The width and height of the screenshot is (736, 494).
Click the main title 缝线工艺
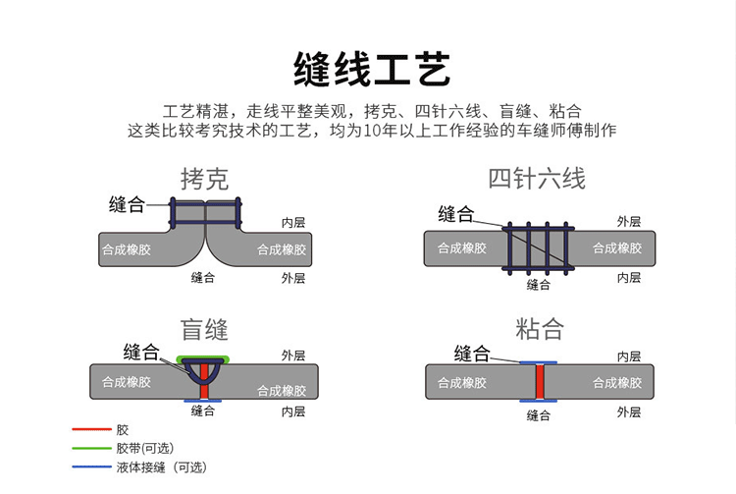click(372, 69)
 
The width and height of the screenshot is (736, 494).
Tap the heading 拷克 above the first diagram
click(205, 180)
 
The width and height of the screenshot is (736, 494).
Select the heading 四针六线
click(537, 179)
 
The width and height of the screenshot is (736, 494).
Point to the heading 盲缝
click(205, 330)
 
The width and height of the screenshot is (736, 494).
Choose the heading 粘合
click(540, 329)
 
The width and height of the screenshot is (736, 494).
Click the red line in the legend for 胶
click(91, 429)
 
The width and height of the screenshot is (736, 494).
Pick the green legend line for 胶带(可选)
click(91, 448)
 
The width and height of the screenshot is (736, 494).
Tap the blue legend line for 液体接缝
click(91, 467)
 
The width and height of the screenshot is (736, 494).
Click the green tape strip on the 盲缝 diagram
click(203, 358)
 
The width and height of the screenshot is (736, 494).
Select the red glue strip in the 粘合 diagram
click(540, 382)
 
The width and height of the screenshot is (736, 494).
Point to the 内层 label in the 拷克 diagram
click(293, 223)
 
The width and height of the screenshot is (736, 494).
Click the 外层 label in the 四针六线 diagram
click(629, 222)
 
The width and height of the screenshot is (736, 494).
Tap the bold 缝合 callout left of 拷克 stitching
click(127, 204)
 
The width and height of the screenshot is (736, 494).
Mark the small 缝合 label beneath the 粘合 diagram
click(539, 415)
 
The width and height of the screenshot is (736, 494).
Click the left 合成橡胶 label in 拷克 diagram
click(127, 249)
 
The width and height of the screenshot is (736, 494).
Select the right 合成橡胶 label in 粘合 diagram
click(617, 383)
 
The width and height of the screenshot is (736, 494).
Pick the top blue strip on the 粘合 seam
click(539, 362)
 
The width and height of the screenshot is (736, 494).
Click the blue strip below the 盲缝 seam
click(203, 401)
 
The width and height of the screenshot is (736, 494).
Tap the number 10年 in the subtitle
click(381, 130)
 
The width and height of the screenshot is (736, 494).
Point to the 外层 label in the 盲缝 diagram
click(293, 356)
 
